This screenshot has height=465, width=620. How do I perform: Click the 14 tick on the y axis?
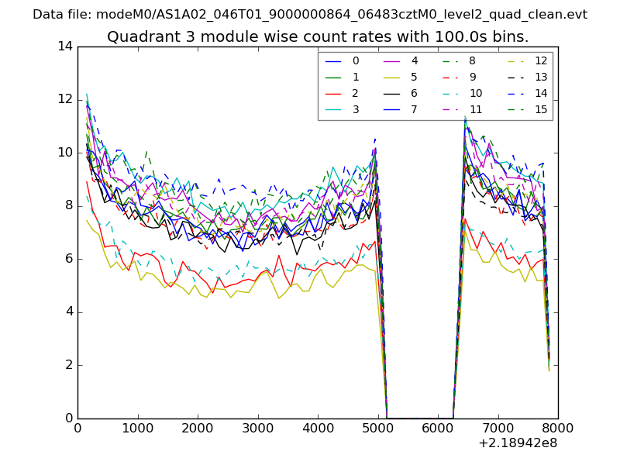(65, 46)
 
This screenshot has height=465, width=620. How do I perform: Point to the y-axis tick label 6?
(68, 259)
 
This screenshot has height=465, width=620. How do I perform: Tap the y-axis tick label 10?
(65, 153)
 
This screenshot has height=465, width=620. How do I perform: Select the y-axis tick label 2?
(68, 365)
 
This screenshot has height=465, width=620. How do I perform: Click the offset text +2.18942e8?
(518, 443)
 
